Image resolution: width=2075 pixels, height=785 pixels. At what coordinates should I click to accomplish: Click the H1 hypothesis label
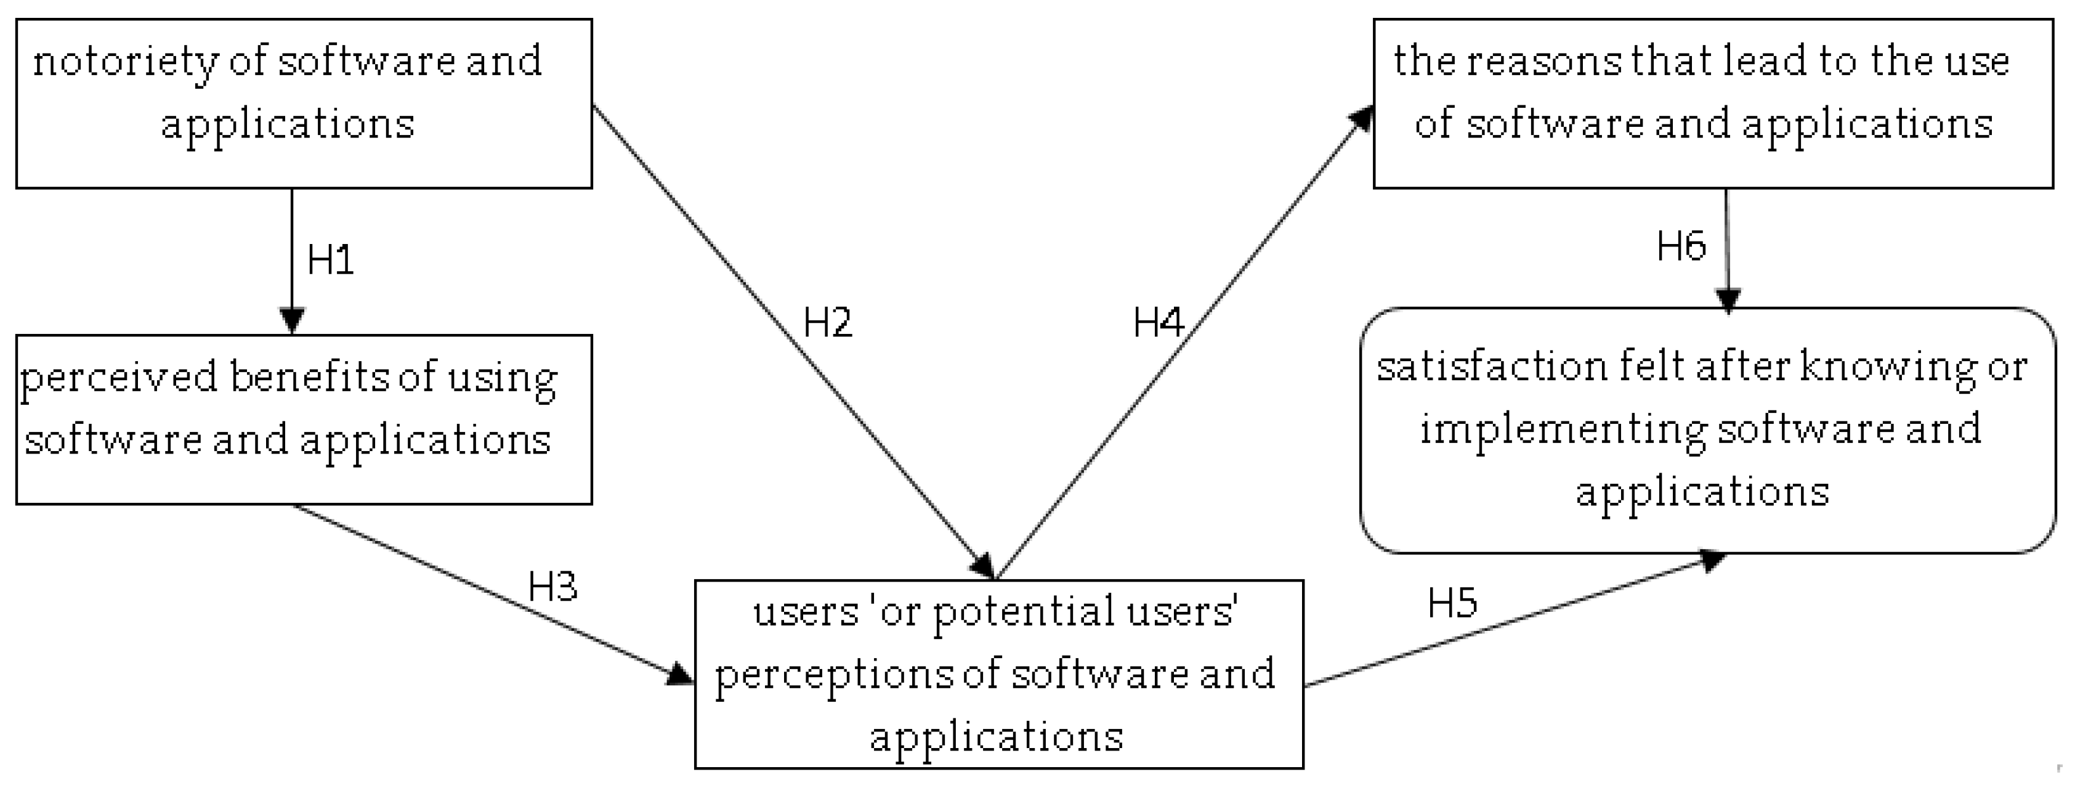click(330, 259)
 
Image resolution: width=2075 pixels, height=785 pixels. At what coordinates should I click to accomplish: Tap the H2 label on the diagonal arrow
click(827, 322)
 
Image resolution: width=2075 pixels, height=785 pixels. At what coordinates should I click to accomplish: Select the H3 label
click(552, 586)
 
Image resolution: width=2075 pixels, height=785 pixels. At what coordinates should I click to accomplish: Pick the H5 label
click(1452, 603)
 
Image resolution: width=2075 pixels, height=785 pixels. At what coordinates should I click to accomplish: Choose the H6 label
click(1681, 246)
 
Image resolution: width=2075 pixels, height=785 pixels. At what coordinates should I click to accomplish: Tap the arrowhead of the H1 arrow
click(291, 321)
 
